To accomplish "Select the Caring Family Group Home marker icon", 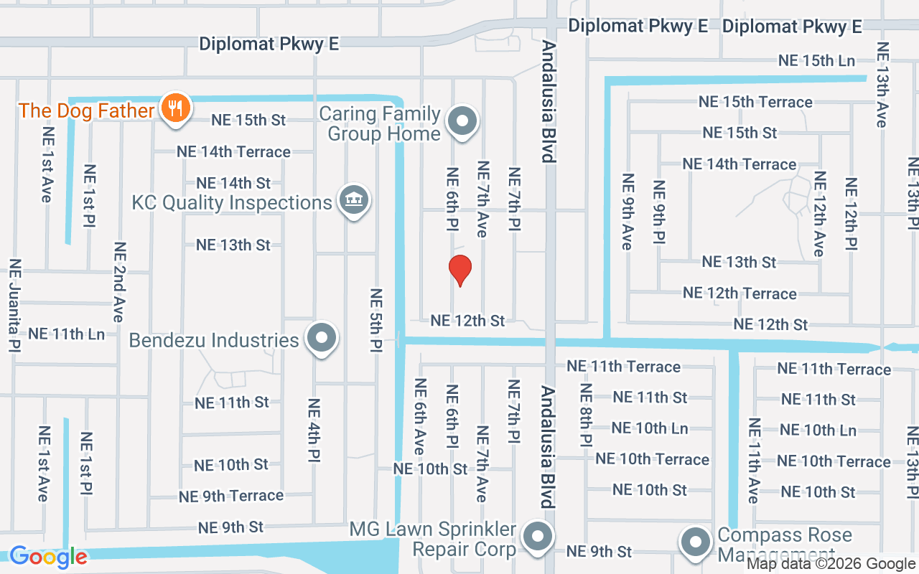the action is click(x=463, y=121).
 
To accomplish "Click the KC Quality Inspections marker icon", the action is click(x=353, y=201).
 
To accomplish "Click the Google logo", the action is click(x=48, y=557).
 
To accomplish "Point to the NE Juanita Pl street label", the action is click(x=14, y=306).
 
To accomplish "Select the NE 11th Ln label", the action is click(x=66, y=334).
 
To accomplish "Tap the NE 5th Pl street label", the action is click(x=375, y=320).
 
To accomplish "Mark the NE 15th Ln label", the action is click(x=816, y=61).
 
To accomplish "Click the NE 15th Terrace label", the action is click(x=755, y=102).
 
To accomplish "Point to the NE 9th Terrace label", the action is click(x=231, y=496).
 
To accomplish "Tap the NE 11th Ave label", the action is click(x=752, y=461).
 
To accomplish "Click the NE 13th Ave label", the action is click(x=881, y=85).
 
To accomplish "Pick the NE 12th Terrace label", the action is click(x=740, y=293).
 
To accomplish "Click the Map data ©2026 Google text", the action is click(x=831, y=564).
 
